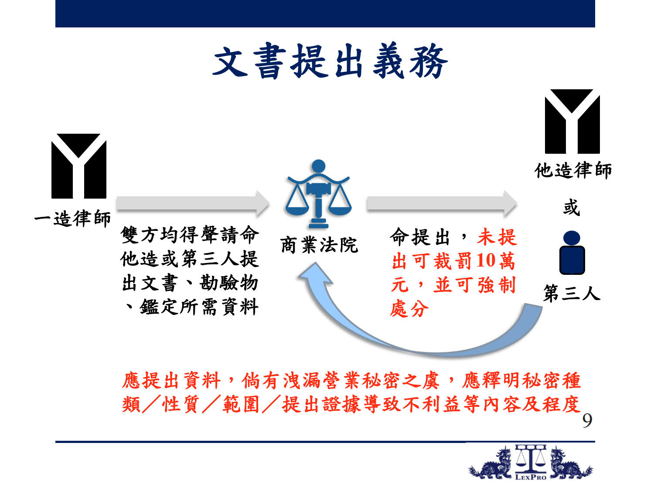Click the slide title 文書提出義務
coord(330,61)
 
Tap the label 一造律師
coord(72,218)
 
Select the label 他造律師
coord(573,170)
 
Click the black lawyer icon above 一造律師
coord(79,166)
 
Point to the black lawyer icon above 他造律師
coord(572,122)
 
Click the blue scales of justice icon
coord(318,194)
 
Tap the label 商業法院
coord(319,246)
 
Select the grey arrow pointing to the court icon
coord(193,203)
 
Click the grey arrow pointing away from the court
coord(442,203)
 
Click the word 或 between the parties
coord(572,207)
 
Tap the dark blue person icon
coord(572,252)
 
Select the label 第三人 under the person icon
coord(572,293)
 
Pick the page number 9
coord(587,421)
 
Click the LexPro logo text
coord(531,477)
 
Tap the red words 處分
coord(409,308)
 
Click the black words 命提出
coord(420,237)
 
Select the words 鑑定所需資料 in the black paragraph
coord(199,307)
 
